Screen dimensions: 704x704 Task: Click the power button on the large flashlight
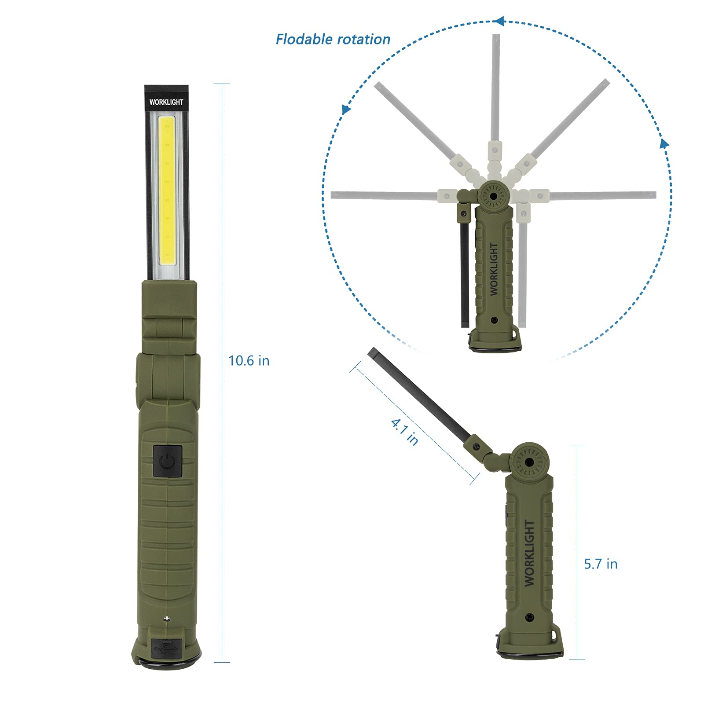[x=168, y=461]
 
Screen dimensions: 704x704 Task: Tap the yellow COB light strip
[x=167, y=191]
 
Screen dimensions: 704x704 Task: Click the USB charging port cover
[x=165, y=648]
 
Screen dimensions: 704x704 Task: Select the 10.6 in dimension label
[x=249, y=361]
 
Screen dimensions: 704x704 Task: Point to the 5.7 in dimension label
[x=601, y=564]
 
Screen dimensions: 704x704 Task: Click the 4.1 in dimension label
[x=404, y=432]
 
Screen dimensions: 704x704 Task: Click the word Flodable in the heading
[x=304, y=40]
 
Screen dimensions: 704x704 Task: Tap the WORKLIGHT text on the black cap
[x=166, y=102]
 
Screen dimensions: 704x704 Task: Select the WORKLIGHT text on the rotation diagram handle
[x=494, y=269]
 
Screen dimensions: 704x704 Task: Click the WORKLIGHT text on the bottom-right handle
[x=529, y=553]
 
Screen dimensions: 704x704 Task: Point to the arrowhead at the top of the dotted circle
[x=499, y=21]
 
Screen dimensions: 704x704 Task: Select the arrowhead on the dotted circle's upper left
[x=346, y=109]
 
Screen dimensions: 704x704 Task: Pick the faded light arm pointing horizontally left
[x=383, y=195]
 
